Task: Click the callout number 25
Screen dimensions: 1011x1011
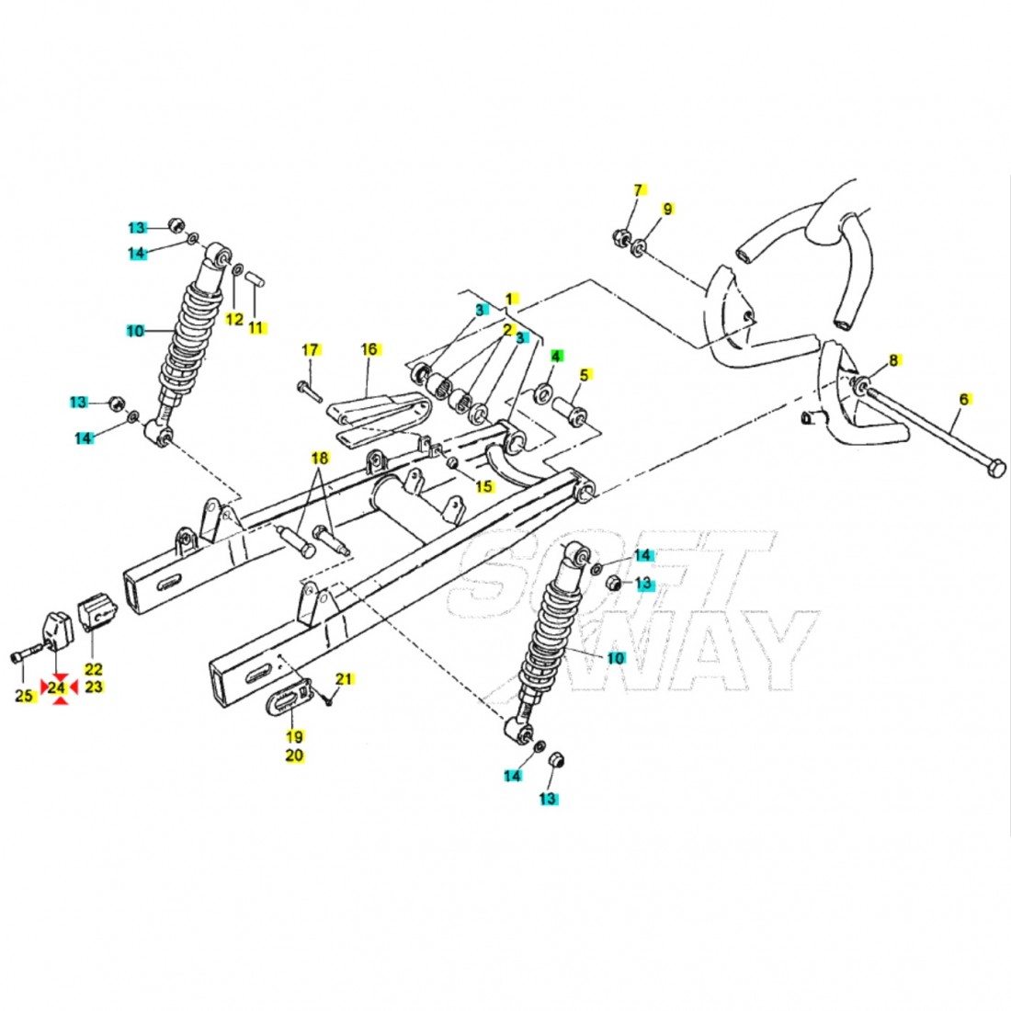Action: pos(25,696)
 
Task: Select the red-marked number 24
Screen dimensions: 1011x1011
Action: pos(58,687)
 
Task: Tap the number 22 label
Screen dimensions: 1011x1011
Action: pos(94,669)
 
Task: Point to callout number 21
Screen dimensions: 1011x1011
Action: pos(344,679)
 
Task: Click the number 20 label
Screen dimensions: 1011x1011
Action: pos(294,755)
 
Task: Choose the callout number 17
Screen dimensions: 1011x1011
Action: pos(310,349)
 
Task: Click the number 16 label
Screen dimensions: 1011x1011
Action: pos(369,349)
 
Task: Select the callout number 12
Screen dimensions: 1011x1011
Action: pos(234,319)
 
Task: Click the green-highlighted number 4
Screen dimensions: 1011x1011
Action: pos(556,356)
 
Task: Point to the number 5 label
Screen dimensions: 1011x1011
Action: pos(583,374)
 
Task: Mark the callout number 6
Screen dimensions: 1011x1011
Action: pos(963,399)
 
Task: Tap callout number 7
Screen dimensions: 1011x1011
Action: pos(640,190)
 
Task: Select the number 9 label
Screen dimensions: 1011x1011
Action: pos(667,209)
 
